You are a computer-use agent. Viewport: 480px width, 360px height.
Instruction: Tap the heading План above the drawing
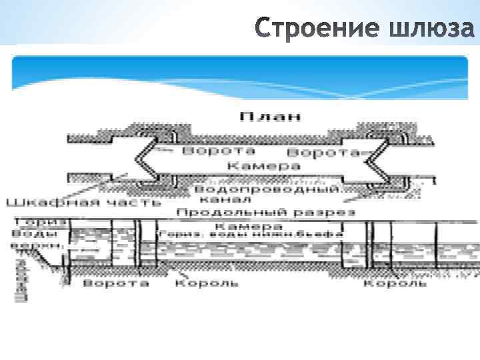(271, 116)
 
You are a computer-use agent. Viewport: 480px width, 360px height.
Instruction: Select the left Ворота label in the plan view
(214, 151)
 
